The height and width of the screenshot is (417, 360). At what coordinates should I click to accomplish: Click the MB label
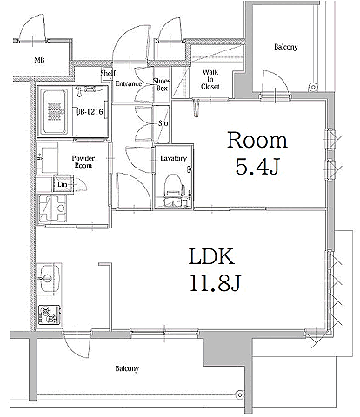(39, 60)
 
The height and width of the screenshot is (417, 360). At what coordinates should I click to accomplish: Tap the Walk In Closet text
(210, 79)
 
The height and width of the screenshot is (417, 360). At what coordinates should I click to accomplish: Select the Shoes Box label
(162, 84)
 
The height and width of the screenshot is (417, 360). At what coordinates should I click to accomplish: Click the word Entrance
(129, 83)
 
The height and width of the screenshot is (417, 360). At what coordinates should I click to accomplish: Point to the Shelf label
(108, 73)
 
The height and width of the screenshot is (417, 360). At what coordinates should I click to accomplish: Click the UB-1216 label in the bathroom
(90, 111)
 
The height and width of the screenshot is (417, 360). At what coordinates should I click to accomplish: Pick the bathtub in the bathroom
(54, 112)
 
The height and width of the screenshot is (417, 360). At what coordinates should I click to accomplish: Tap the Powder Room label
(83, 162)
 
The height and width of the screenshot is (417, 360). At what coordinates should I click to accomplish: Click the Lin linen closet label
(62, 184)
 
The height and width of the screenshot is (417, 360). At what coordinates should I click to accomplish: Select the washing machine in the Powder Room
(52, 208)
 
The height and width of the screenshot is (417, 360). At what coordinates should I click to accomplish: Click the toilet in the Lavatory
(174, 190)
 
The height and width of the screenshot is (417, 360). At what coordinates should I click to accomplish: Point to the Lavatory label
(173, 158)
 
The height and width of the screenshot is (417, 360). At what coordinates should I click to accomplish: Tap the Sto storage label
(163, 123)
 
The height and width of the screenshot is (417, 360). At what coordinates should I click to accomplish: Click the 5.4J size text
(257, 167)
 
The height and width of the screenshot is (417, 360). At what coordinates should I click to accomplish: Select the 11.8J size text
(215, 282)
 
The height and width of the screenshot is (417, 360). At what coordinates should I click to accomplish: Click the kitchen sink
(49, 278)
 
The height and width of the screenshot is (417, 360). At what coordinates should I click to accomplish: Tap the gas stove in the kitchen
(50, 314)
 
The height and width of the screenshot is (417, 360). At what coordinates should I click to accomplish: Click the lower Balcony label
(127, 368)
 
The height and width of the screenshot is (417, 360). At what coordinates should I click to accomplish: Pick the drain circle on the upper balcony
(312, 87)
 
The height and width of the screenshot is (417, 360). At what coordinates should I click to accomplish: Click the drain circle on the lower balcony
(239, 394)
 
